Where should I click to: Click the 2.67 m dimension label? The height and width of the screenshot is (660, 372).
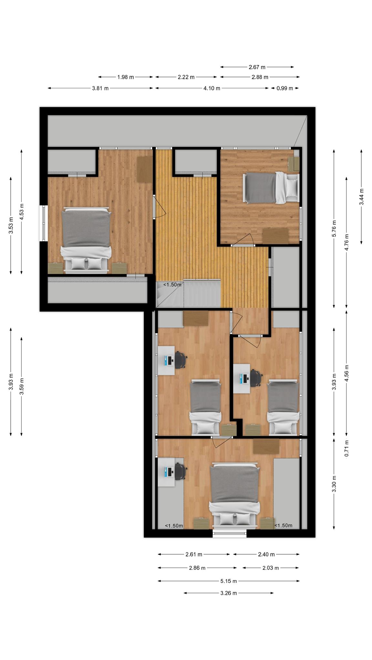tap(257, 67)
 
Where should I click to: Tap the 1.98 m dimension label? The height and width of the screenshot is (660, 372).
tap(125, 77)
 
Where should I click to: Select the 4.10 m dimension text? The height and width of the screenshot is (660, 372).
tap(212, 88)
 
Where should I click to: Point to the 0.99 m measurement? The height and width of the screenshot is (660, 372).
tap(284, 88)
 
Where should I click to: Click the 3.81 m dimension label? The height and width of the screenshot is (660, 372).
tap(100, 88)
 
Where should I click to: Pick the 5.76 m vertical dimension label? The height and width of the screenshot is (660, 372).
tap(334, 228)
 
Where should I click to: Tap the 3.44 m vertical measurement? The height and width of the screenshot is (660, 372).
tap(362, 197)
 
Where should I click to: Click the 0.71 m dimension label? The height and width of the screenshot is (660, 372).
tap(346, 448)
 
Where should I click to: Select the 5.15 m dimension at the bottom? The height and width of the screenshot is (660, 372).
tap(229, 581)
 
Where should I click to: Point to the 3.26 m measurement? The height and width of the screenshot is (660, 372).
tap(229, 593)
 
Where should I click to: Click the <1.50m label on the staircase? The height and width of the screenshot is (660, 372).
tap(172, 285)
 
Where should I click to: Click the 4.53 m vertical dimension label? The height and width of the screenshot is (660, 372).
tap(21, 212)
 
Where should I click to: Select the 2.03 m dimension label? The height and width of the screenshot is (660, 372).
tap(270, 568)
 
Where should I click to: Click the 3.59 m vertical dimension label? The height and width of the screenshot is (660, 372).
tap(21, 386)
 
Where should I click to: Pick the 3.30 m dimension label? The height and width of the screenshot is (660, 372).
tap(334, 484)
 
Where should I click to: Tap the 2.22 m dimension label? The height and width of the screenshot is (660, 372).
tap(186, 77)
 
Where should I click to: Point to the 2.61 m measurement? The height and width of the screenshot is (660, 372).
tap(194, 554)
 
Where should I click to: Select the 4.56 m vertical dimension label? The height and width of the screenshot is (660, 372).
tap(346, 373)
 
